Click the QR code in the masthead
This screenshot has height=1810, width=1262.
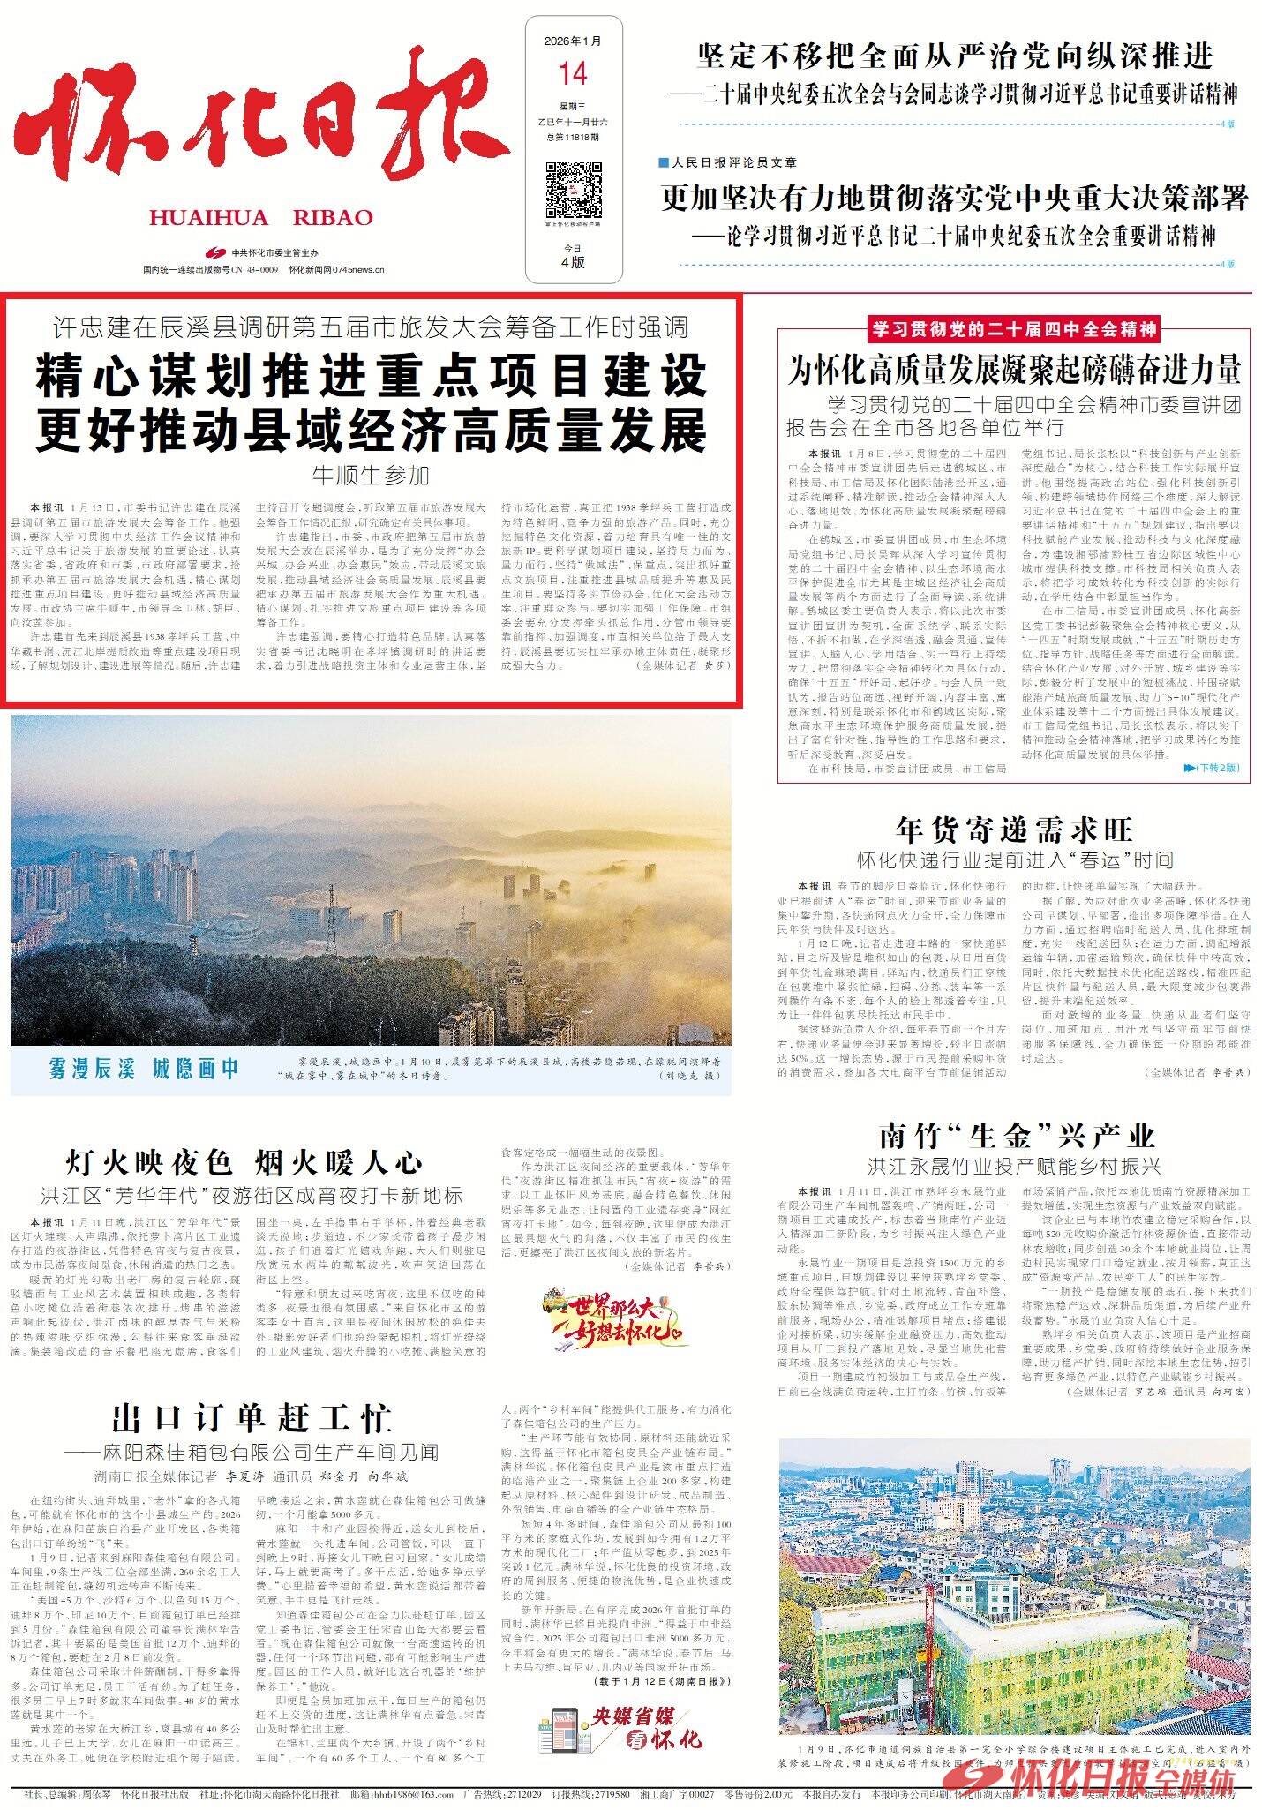[573, 189]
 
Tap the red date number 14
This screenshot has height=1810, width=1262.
[573, 74]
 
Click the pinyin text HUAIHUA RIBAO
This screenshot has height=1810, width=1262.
[261, 218]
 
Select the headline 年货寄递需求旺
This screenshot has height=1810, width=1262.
[1013, 830]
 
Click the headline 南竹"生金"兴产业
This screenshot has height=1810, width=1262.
[1017, 1136]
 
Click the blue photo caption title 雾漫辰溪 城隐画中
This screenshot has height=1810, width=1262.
[144, 1069]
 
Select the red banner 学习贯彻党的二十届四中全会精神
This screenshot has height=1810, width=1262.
[1014, 330]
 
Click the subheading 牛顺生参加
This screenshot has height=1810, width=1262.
[371, 476]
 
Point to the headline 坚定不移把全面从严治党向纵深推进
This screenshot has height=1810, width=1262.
[955, 56]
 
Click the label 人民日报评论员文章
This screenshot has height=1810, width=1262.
[733, 162]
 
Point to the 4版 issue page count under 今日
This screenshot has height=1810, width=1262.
[573, 262]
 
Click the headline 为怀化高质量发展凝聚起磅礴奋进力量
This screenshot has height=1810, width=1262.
[1014, 369]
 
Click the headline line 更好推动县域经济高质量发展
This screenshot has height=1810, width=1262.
[372, 431]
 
